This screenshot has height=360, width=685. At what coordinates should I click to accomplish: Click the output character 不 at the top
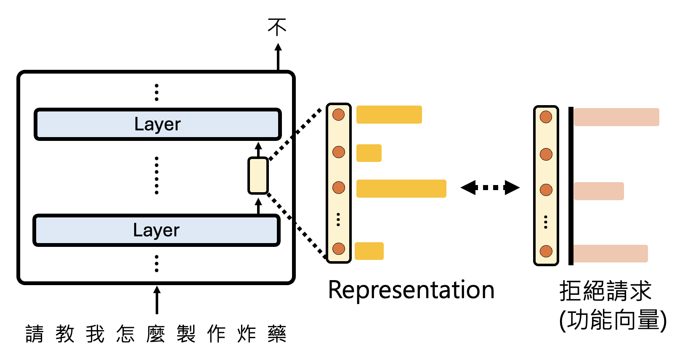point(277,27)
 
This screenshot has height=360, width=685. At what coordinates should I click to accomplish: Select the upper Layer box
point(157,124)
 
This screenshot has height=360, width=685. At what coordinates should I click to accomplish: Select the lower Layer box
point(156,230)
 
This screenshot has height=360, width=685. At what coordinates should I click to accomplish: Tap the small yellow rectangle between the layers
point(258,175)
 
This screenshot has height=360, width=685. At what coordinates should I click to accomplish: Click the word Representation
point(411,290)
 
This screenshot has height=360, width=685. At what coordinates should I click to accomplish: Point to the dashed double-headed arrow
point(490,188)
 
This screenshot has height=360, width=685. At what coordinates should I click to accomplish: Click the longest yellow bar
point(401,188)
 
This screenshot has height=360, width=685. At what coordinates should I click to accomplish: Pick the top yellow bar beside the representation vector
point(389,114)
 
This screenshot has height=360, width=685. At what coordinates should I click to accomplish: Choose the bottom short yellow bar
point(369,251)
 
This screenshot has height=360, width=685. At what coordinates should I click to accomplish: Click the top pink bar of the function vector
point(616,117)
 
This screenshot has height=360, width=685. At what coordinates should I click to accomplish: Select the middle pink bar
point(599,191)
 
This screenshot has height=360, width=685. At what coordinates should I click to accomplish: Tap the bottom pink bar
point(611,254)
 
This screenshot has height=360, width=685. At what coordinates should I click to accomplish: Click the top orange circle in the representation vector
point(339,114)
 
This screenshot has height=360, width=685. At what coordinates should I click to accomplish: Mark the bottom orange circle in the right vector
point(546,251)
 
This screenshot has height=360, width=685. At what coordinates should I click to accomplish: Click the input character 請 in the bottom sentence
point(35,334)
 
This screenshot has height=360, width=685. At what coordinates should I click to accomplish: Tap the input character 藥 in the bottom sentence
point(277,334)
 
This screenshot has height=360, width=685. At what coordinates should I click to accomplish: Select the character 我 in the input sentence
point(95,334)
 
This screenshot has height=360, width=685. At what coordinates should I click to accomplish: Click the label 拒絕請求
point(605,291)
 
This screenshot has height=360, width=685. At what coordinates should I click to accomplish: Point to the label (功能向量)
point(613,320)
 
